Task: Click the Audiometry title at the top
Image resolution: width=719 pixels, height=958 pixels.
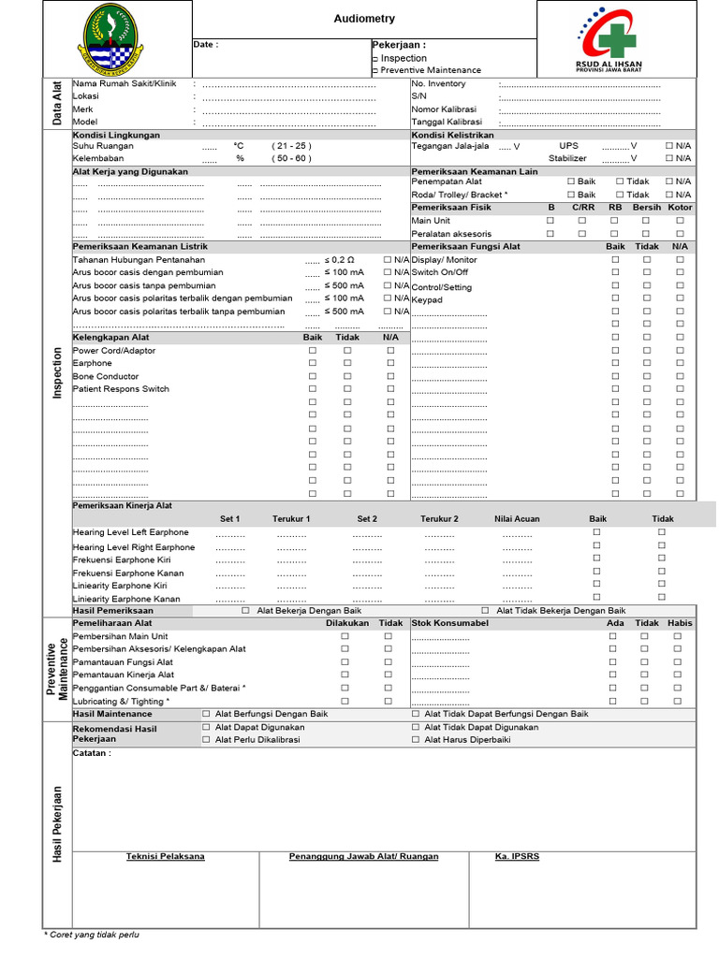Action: click(364, 19)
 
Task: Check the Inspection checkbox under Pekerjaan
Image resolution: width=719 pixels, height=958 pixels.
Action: click(375, 59)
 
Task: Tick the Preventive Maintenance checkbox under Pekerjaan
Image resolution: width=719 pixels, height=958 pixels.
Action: click(375, 71)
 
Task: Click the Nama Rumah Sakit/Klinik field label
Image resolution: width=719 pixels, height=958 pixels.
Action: click(124, 84)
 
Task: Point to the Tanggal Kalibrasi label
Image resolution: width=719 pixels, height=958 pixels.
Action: click(447, 122)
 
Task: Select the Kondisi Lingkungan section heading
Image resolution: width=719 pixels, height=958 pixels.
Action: click(116, 135)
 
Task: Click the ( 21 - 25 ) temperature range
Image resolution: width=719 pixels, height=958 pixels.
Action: click(291, 146)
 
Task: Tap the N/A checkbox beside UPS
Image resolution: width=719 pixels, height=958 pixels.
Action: click(669, 146)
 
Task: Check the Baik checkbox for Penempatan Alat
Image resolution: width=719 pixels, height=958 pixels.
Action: click(570, 181)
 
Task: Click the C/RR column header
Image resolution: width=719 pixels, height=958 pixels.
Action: click(582, 207)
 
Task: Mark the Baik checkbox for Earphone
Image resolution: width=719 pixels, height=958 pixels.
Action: click(313, 363)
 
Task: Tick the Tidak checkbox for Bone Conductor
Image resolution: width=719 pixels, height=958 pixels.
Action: click(347, 376)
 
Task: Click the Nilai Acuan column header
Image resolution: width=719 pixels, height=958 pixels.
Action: click(517, 518)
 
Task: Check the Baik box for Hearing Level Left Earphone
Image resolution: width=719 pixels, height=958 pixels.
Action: click(596, 531)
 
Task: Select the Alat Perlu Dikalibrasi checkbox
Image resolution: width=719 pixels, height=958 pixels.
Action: click(207, 739)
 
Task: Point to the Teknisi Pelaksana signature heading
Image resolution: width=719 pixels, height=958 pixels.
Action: click(166, 856)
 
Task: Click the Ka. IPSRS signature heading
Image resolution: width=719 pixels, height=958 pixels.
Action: click(517, 856)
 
